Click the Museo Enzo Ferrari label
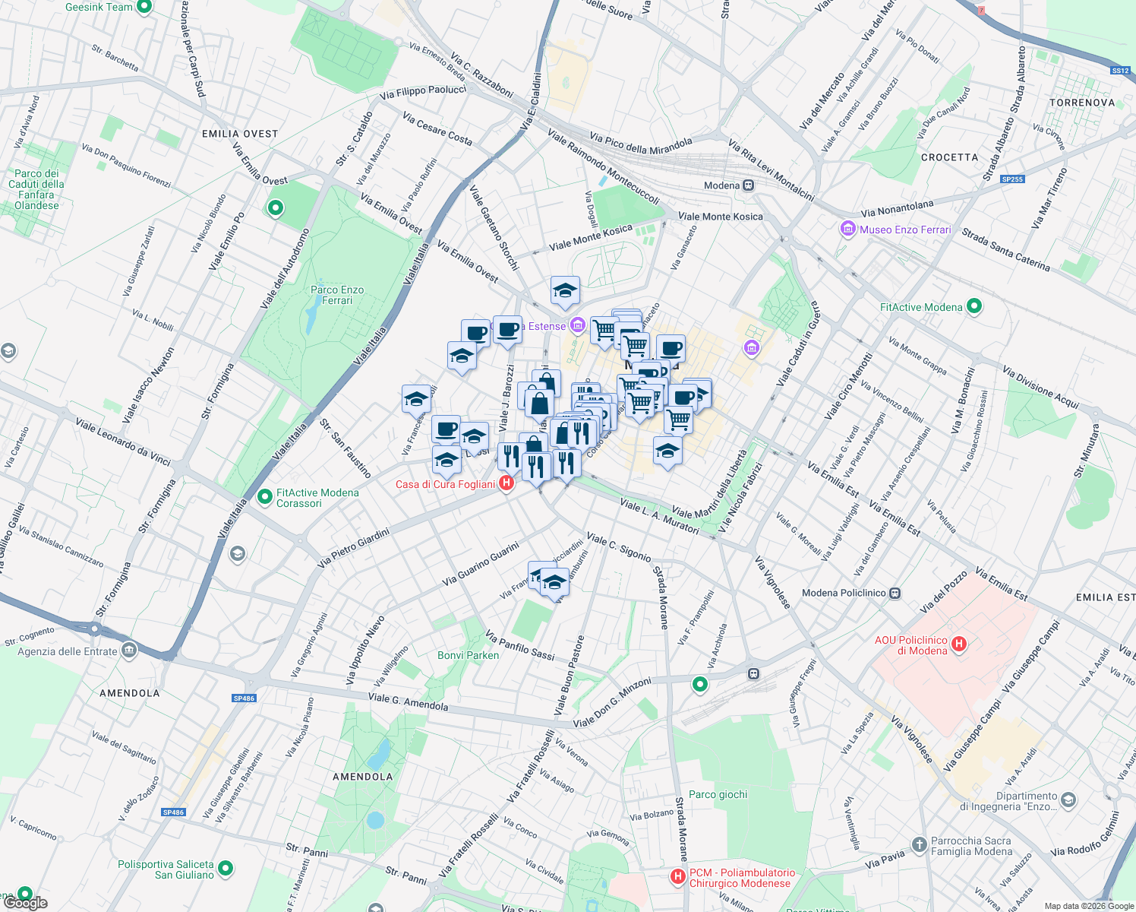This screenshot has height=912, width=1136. (904, 230)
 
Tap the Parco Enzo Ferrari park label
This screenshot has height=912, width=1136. (337, 295)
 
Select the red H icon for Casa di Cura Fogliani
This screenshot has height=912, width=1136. (506, 484)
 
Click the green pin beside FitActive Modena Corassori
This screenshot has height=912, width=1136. (265, 497)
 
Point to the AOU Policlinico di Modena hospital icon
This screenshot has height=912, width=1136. (959, 644)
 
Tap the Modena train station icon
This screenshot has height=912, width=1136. (749, 185)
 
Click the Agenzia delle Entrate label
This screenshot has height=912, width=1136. (68, 651)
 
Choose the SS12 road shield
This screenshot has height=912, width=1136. (1120, 71)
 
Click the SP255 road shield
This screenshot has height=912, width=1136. (1012, 179)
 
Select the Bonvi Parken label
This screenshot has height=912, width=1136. (469, 655)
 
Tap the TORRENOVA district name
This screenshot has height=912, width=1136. (1082, 103)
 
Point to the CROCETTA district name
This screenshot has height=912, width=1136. (949, 157)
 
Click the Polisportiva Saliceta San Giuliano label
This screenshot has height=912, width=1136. (166, 869)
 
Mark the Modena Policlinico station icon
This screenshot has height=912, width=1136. (895, 593)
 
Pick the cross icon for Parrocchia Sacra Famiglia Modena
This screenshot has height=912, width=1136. (919, 844)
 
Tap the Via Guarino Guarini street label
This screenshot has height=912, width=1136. (481, 563)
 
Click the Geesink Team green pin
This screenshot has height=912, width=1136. (144, 7)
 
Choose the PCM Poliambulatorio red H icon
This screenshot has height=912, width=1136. (678, 877)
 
